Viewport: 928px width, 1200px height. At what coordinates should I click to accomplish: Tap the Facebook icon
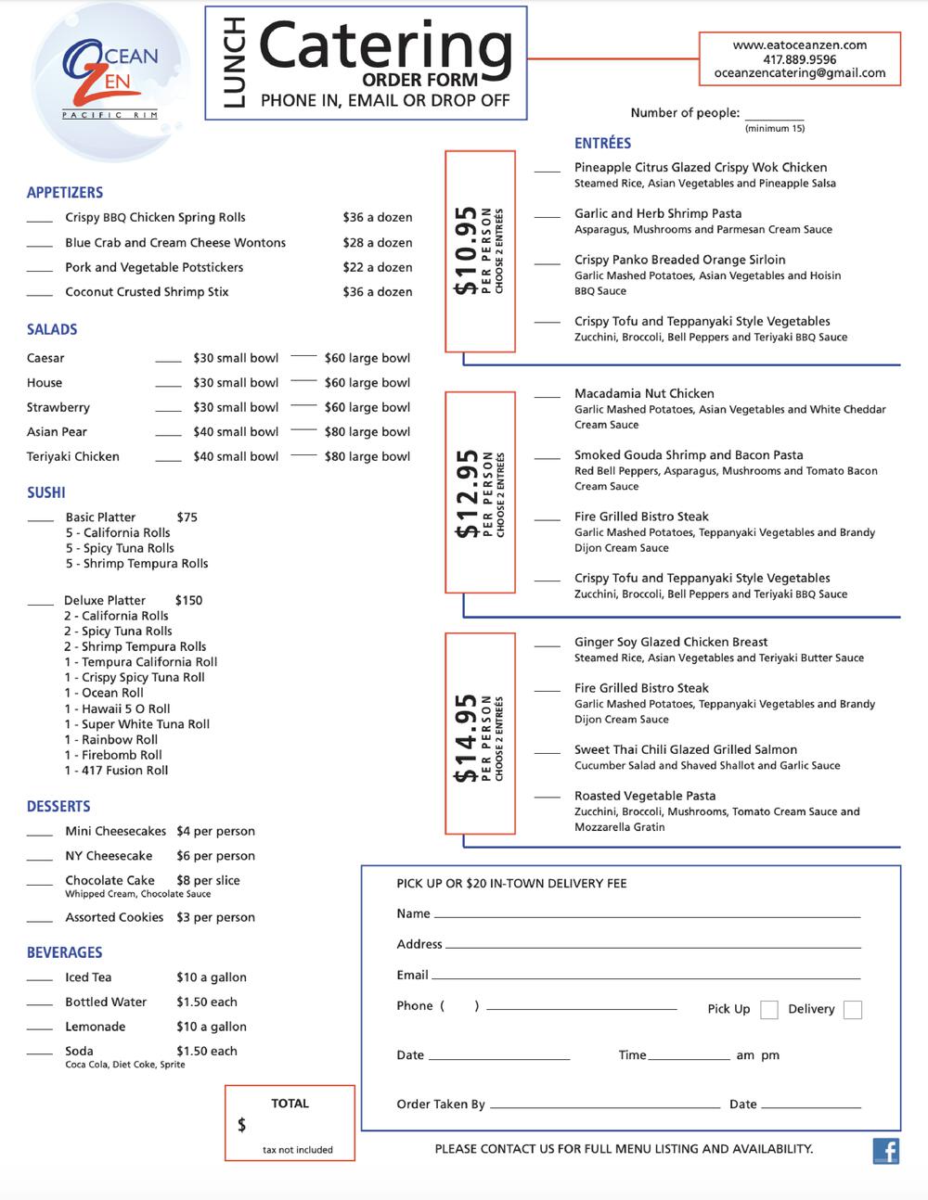886,1151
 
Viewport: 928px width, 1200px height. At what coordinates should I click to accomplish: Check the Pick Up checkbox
768,1010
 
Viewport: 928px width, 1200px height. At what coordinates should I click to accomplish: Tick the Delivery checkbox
852,1010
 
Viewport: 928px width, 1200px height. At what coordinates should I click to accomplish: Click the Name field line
647,915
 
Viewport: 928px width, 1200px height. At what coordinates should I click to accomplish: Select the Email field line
646,977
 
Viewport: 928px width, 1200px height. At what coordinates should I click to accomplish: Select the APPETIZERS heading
65,193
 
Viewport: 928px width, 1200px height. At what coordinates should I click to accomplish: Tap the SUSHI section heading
46,492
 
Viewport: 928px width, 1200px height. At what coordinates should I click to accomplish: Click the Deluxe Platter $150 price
188,600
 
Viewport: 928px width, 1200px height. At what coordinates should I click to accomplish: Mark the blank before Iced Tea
39,978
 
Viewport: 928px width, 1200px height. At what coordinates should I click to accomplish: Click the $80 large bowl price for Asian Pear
367,432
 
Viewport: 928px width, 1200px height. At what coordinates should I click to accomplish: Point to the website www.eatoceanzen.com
799,45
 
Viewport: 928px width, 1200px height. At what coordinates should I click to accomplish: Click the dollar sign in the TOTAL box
242,1125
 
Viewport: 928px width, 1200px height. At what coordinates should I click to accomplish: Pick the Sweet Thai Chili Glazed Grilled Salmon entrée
685,749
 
